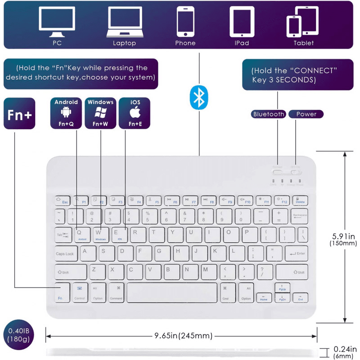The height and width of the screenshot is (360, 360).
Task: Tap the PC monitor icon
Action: coord(57,22)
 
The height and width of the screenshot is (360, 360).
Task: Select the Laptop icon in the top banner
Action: coord(124,22)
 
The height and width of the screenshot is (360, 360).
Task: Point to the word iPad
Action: coord(242,43)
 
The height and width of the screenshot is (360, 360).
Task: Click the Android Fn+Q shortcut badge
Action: coord(66,113)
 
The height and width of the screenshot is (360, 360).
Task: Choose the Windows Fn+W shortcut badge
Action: coord(100,113)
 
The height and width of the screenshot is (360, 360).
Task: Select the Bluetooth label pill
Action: coord(269,114)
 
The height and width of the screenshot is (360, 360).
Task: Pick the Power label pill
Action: coord(306,114)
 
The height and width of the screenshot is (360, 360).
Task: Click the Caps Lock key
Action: coord(66,253)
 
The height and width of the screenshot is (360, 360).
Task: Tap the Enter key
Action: coord(296,253)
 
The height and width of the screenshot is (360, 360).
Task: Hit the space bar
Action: coord(172,292)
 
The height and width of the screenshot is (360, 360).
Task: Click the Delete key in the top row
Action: coord(300,201)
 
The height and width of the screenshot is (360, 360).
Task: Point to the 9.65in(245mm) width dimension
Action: coord(183,336)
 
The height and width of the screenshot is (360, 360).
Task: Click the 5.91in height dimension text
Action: coord(343,236)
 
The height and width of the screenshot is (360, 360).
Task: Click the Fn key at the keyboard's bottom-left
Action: coord(60,293)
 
